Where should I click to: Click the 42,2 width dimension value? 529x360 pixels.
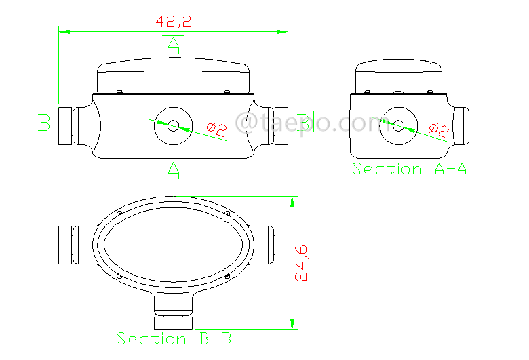click(174, 21)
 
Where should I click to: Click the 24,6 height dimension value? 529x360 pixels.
click(302, 262)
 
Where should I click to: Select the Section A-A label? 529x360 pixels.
click(409, 169)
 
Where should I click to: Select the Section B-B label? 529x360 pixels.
click(174, 338)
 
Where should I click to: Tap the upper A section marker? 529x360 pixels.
click(174, 45)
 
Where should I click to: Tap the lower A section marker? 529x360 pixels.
click(174, 170)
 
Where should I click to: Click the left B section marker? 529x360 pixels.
click(43, 123)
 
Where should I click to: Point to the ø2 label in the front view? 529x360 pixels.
click(216, 127)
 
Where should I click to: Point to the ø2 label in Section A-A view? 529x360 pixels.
click(439, 128)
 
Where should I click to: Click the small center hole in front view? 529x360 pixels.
click(174, 126)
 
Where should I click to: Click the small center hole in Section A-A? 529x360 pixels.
click(399, 126)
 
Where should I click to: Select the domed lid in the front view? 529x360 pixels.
click(174, 76)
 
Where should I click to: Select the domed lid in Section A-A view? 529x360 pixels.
click(399, 76)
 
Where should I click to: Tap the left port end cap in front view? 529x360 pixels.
click(65, 126)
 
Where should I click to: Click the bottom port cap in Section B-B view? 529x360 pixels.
click(174, 323)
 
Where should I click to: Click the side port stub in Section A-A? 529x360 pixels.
click(461, 125)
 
